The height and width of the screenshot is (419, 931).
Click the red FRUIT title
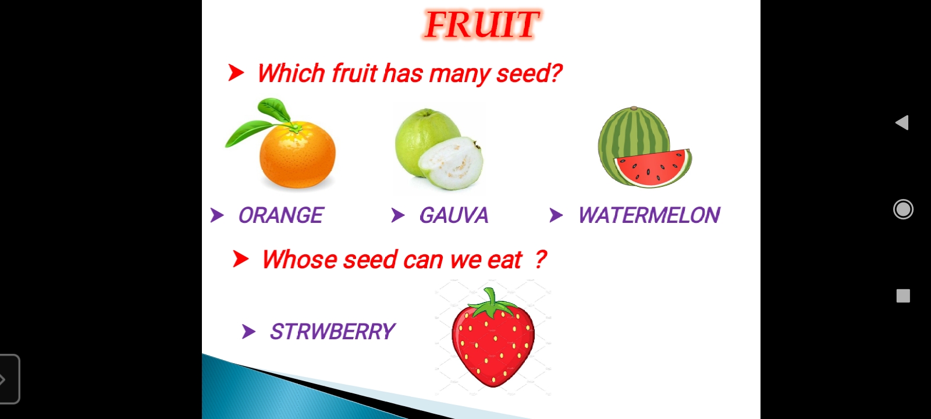[482, 24]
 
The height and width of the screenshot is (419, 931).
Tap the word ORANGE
[280, 215]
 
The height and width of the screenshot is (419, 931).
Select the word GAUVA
[453, 215]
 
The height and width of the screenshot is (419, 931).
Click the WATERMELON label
[649, 215]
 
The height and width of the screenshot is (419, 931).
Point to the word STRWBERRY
[332, 332]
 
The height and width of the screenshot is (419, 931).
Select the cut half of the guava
[451, 164]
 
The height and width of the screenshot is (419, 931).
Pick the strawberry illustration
[493, 338]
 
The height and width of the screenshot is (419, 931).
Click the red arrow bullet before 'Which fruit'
[236, 73]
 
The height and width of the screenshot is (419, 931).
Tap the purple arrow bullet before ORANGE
[217, 215]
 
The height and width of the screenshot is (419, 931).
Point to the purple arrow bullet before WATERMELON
[556, 215]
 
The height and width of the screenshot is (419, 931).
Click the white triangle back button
[902, 123]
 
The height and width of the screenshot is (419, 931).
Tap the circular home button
[903, 209]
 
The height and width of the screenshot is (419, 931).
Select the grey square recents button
[903, 296]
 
